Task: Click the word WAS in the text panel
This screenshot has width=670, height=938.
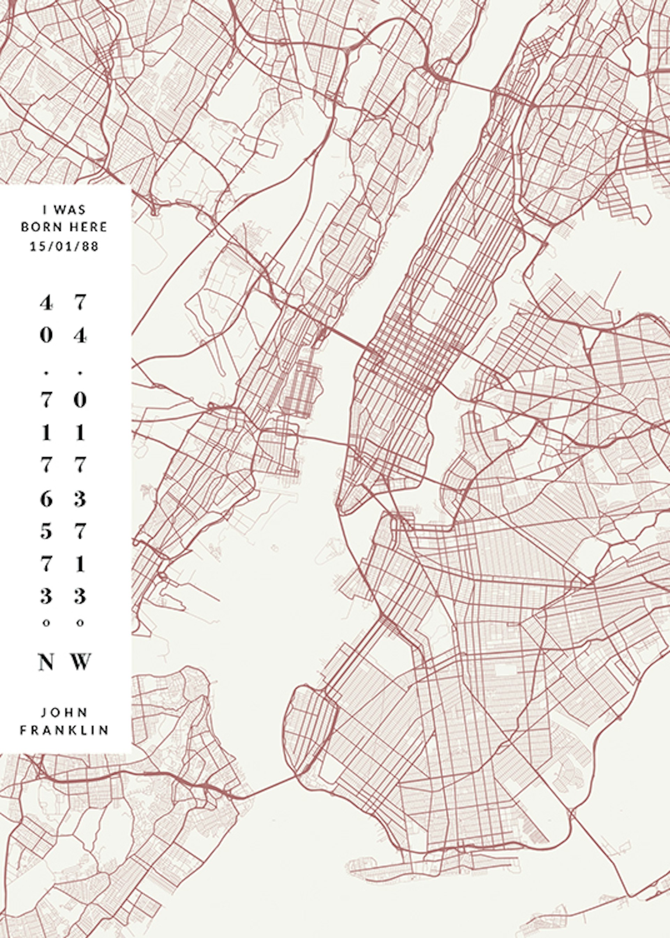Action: click(x=70, y=210)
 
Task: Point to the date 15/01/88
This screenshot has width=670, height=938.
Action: click(x=64, y=246)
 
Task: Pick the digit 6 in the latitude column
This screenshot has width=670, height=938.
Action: click(x=46, y=499)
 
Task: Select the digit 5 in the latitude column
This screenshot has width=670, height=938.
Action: click(x=46, y=532)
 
